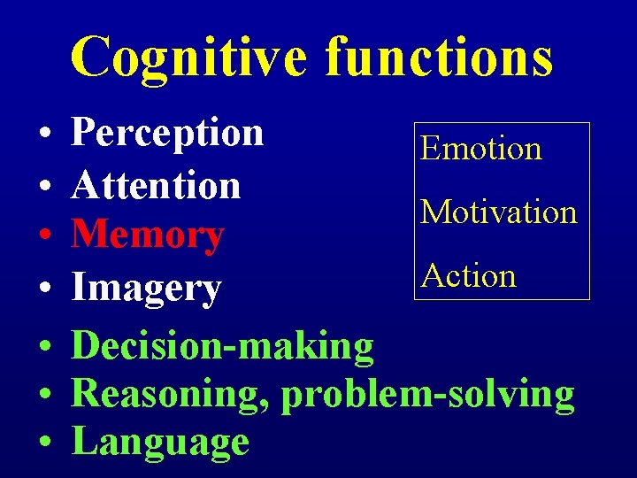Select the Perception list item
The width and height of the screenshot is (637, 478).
[x=167, y=133]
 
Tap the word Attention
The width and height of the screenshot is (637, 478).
[x=156, y=185]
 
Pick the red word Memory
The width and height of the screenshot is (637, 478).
[x=147, y=236]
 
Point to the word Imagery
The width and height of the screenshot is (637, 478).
[x=146, y=288]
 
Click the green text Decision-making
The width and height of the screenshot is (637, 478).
[x=222, y=346]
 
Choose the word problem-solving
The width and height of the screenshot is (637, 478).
[x=427, y=395]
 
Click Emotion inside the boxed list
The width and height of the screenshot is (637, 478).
[x=480, y=148]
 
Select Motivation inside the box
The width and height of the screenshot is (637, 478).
[x=498, y=212]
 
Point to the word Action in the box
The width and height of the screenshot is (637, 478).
[x=468, y=275]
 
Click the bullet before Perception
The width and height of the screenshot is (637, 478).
[x=43, y=136]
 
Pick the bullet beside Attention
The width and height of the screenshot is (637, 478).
[x=43, y=188]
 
